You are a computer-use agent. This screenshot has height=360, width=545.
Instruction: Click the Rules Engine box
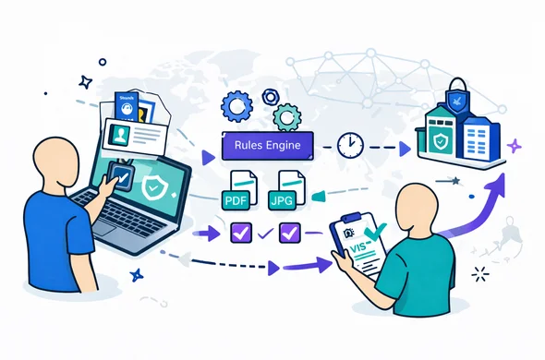(268, 144)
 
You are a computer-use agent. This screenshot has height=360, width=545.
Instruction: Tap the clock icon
(349, 145)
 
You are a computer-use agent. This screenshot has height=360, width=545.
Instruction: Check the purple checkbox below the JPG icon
(289, 232)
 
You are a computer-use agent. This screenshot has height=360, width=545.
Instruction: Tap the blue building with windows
(478, 139)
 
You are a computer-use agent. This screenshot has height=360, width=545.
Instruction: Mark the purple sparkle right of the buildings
(515, 145)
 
